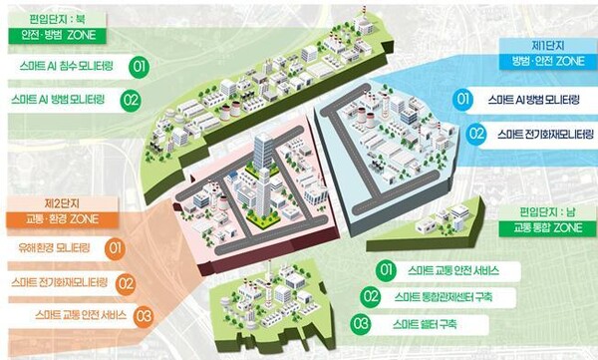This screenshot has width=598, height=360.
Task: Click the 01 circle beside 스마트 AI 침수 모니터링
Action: click(138, 68)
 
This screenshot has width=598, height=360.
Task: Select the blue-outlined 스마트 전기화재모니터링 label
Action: click(539, 133)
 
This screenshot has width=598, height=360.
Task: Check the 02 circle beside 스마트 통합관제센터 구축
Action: click(371, 297)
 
